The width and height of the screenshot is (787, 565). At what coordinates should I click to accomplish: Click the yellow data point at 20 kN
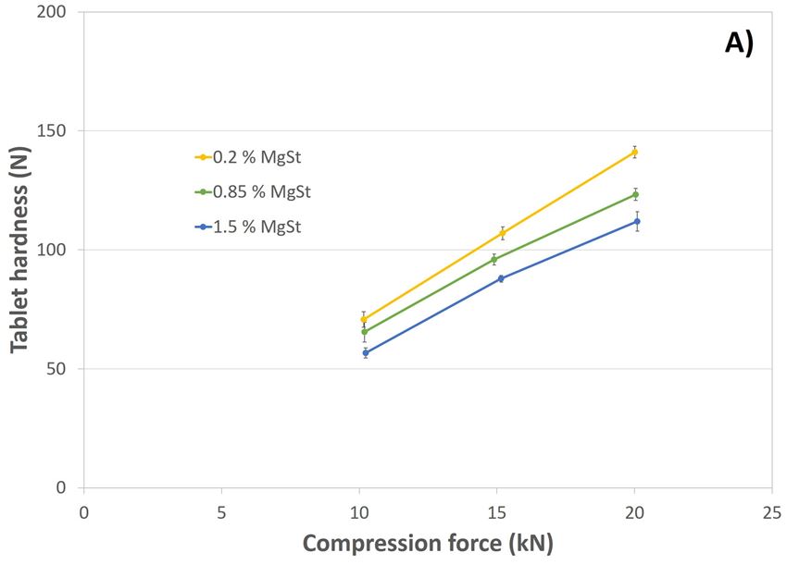[x=634, y=152]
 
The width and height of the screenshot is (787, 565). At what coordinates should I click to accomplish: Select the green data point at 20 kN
[x=635, y=194]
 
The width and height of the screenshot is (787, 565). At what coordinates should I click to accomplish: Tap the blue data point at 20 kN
[x=637, y=221]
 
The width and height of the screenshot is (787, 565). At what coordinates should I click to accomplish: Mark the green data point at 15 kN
[x=494, y=259]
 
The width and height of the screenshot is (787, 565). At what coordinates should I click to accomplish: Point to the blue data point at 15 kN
[x=501, y=278]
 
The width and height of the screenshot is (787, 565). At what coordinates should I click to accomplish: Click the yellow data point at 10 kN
[x=364, y=319]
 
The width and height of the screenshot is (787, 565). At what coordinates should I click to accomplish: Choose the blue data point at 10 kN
[x=366, y=352]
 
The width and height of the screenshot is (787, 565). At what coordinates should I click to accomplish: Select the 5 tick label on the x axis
[x=221, y=511]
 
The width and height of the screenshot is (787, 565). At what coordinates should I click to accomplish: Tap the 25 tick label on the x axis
[x=771, y=511]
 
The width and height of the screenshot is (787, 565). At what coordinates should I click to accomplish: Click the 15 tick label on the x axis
[x=496, y=511]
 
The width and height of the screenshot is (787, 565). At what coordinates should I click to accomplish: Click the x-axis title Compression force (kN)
[x=428, y=543]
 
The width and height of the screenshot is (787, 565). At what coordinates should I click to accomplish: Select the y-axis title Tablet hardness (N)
[x=20, y=250]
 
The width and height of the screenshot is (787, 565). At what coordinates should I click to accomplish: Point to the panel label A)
[x=738, y=43]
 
